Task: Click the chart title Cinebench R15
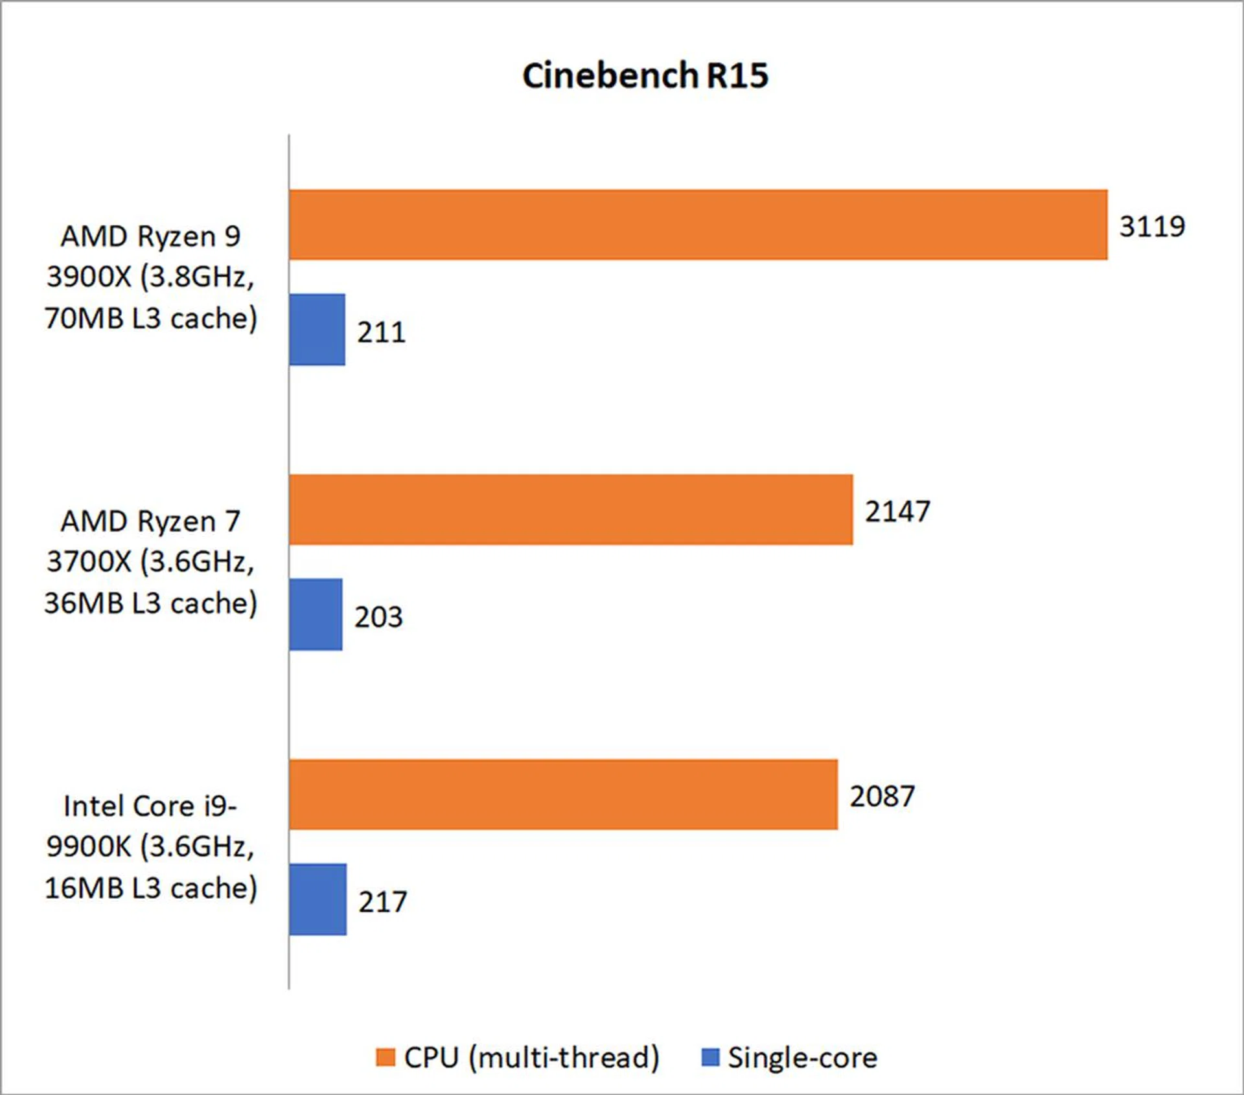point(645,76)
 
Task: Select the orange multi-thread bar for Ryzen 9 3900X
point(698,225)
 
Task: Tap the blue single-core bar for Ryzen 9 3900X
point(317,330)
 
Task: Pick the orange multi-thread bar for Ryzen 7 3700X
point(571,510)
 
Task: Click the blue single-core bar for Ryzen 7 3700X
point(316,615)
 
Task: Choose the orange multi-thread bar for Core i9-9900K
point(563,795)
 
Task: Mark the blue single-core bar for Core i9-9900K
point(317,899)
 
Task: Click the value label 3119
point(1152,227)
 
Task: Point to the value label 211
point(382,332)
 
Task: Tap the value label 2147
point(897,512)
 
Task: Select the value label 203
point(378,617)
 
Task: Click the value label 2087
point(882,796)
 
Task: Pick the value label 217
point(383,902)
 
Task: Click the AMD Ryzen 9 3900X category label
point(150,277)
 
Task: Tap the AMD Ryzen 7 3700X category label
point(150,562)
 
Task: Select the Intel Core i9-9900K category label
point(150,847)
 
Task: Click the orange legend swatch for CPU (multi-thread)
point(386,1057)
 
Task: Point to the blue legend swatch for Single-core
point(711,1057)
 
